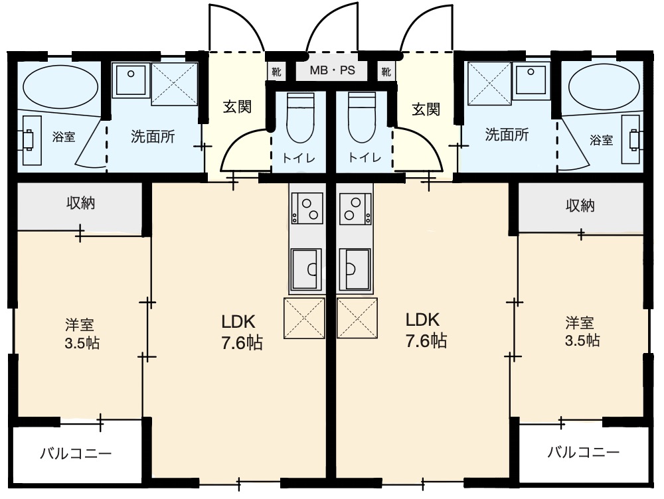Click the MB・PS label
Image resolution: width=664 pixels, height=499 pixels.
point(332,70)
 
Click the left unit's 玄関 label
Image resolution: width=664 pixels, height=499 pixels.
point(237,107)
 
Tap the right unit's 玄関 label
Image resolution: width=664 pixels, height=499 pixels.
point(426,109)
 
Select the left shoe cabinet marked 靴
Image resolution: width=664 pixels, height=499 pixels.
point(276,72)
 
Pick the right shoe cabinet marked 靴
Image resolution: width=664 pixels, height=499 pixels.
point(386,72)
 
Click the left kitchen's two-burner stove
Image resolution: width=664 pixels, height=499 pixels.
point(307,208)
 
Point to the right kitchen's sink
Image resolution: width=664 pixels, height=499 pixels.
point(355,269)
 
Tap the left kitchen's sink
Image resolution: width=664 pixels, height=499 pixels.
point(307,269)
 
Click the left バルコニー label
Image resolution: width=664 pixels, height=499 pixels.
point(76,454)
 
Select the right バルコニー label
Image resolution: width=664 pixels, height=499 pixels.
point(583,453)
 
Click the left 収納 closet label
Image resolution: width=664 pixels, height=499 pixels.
point(80,203)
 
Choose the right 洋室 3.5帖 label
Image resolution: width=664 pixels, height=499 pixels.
point(582,331)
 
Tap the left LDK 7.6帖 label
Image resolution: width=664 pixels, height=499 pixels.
point(242,332)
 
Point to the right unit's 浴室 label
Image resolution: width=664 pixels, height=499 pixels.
point(602,139)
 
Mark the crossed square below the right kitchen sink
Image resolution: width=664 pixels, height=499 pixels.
point(357,318)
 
